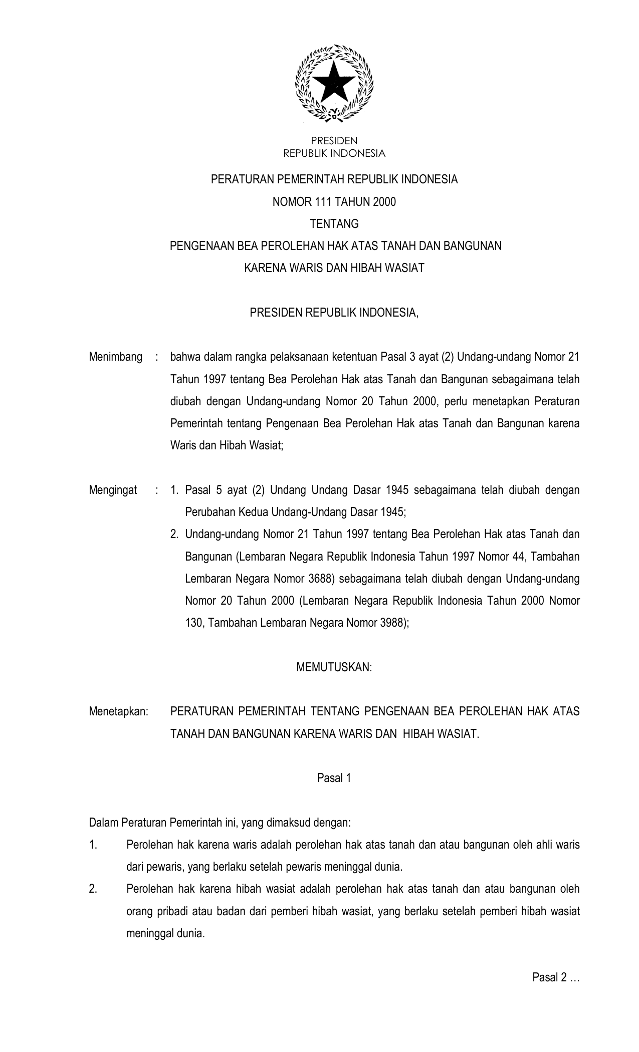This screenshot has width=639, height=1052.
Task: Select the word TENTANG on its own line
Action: click(x=334, y=224)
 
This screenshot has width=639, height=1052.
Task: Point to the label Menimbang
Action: click(x=116, y=357)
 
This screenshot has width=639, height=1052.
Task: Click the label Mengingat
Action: click(x=113, y=490)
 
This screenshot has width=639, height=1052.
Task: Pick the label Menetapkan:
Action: click(x=119, y=711)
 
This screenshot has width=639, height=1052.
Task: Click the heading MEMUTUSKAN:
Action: click(x=334, y=667)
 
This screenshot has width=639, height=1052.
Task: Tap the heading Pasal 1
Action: click(x=334, y=777)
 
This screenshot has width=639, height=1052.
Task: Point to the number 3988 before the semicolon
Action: click(x=393, y=623)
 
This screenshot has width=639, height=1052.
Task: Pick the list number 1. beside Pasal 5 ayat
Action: click(x=174, y=490)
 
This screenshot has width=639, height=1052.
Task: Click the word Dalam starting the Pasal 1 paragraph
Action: click(x=103, y=822)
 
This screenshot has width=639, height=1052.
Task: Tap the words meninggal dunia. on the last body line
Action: click(x=165, y=933)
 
